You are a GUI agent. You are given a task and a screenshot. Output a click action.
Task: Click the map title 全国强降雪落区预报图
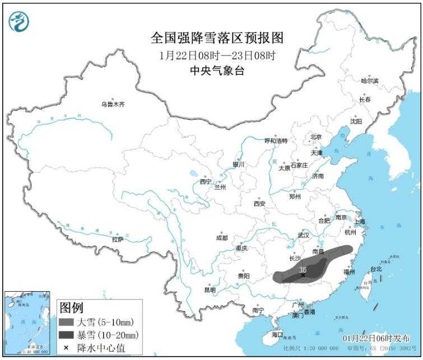[217, 38]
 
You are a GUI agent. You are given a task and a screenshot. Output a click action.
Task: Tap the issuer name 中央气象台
[217, 70]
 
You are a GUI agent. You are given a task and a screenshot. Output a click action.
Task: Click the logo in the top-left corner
[19, 21]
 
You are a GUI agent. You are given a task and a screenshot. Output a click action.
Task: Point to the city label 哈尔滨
[369, 81]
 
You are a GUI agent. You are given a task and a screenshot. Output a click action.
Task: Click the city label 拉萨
[117, 239]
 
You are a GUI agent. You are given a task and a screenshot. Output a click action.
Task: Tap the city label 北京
[316, 137]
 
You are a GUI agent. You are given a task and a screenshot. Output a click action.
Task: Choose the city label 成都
[222, 237]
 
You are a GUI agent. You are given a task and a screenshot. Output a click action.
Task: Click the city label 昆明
[210, 289]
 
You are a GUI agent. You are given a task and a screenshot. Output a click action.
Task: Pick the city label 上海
[360, 221]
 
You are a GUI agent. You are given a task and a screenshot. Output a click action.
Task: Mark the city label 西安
[259, 203]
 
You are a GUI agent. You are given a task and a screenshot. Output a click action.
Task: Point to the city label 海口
[277, 335]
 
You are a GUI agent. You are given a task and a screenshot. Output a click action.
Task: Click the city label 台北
[376, 269]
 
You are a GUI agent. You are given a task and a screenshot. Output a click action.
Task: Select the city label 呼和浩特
[276, 141]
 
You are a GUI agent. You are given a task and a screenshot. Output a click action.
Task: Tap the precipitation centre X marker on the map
[303, 275]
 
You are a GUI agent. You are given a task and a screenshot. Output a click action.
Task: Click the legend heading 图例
[71, 307]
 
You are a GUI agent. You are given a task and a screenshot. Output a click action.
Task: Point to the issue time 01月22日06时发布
[375, 338]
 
